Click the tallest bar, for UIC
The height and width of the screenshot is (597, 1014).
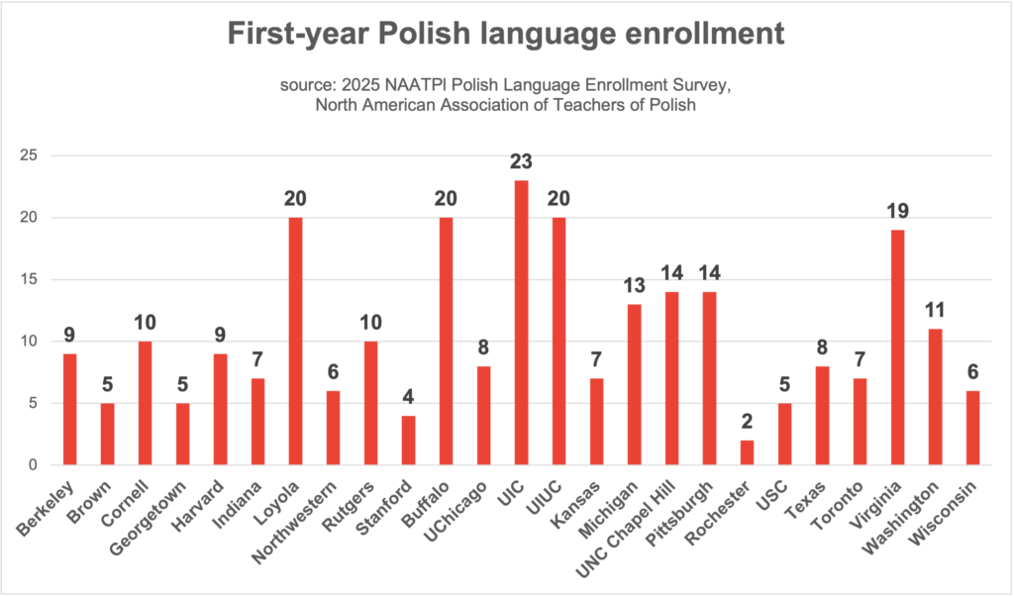coord(522,323)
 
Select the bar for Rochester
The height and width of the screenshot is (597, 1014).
coord(748,452)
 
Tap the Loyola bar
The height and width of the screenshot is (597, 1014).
coord(296,342)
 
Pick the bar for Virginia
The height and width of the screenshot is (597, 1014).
coord(898,348)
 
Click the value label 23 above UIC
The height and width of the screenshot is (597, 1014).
coord(522,161)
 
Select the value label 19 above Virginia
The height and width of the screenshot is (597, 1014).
coord(898,211)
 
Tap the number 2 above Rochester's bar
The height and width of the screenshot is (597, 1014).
coord(748,422)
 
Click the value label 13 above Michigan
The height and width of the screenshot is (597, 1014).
coord(635,285)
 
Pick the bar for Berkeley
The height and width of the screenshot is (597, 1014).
coord(70,410)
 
